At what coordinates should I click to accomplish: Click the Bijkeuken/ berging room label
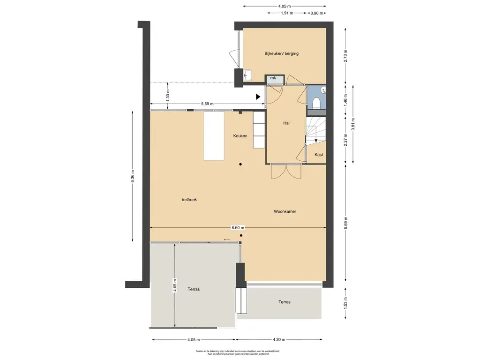point(281,53)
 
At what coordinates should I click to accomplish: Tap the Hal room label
point(286,123)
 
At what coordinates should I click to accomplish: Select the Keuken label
point(240,136)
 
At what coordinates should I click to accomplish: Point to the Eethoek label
point(189,200)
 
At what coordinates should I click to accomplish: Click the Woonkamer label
point(285,211)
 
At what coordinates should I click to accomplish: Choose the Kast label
point(319,155)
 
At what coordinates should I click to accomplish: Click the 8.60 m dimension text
point(238,228)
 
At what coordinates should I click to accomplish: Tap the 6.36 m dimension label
point(133,176)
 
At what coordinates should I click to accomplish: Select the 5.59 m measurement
point(207,104)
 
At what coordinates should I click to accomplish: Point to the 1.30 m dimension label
point(167,96)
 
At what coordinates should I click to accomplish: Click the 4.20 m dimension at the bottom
point(278,339)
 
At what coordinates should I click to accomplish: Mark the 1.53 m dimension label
point(345,303)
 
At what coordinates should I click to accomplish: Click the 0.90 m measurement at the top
point(316,13)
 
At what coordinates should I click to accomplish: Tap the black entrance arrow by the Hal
point(258,97)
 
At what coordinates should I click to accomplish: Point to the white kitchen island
point(214,135)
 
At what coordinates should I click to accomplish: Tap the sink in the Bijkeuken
point(247,75)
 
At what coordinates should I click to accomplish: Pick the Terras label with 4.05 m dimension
point(194,289)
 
